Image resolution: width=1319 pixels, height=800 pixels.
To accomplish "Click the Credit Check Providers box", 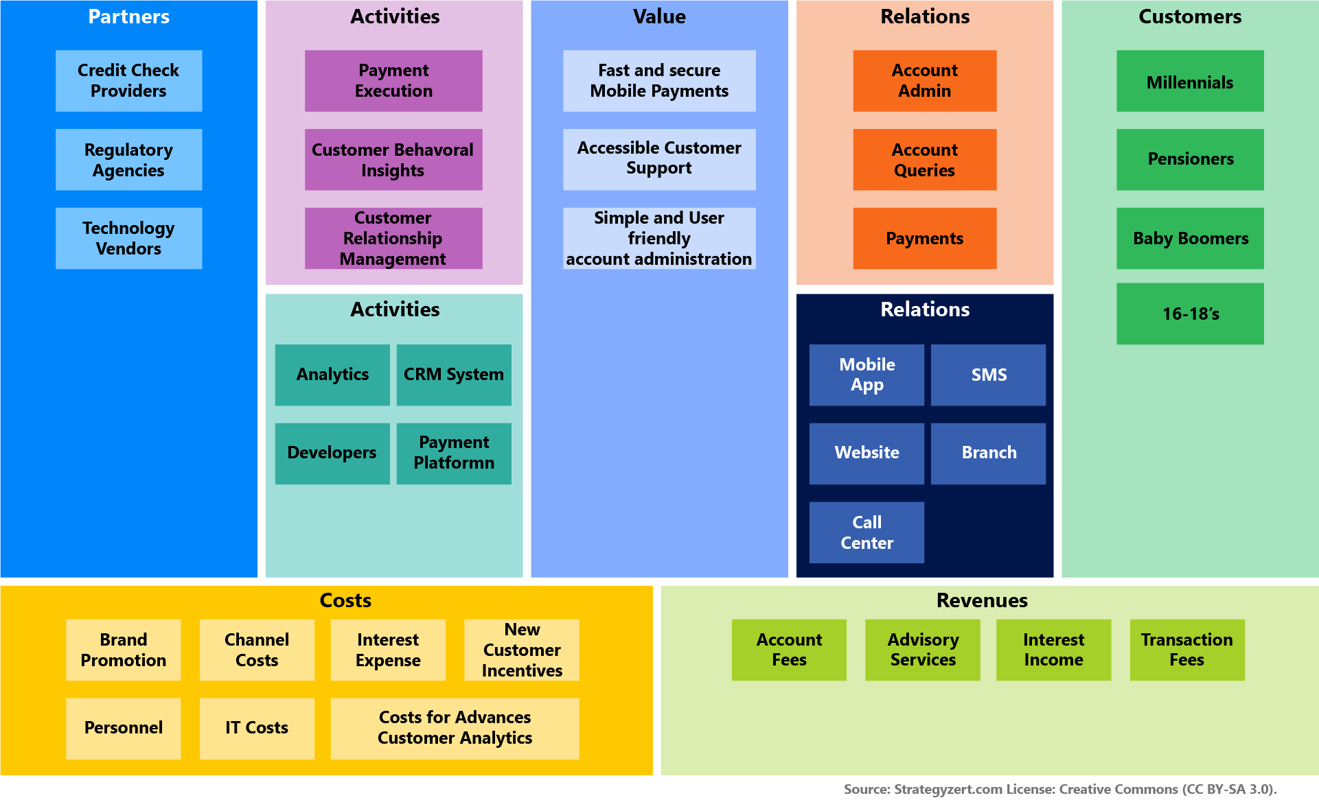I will (128, 81).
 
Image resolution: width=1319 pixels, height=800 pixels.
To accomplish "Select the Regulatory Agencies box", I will (128, 160).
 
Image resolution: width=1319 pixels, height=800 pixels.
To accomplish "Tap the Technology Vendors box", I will (128, 238).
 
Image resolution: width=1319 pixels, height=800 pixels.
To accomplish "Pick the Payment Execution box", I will (393, 81).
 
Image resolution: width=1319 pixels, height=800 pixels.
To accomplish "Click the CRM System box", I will (454, 375).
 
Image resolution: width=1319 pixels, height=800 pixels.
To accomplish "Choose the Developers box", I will (332, 453).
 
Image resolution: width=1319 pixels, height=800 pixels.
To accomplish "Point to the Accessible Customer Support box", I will (659, 159).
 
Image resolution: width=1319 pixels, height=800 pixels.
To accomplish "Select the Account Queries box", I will (924, 160).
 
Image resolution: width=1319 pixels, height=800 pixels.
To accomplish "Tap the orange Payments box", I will (924, 238).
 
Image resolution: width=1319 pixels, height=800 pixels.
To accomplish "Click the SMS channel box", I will (988, 375).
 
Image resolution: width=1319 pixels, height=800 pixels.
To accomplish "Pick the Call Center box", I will (867, 532).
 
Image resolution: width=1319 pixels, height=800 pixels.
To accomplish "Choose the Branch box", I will (988, 453).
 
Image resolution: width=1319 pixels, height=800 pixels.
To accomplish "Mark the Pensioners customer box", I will (1190, 159).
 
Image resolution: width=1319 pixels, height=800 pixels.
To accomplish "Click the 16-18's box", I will (1190, 314).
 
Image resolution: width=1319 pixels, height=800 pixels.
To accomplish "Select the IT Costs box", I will (257, 728).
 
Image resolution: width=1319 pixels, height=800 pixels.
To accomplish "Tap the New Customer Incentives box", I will (522, 650).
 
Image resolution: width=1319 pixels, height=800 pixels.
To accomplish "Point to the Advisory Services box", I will (922, 650).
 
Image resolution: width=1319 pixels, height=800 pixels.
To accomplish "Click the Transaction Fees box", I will (1186, 650).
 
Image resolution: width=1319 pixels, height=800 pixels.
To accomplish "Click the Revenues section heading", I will (982, 600).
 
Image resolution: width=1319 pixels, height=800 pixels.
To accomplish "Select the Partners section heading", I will (128, 16).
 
